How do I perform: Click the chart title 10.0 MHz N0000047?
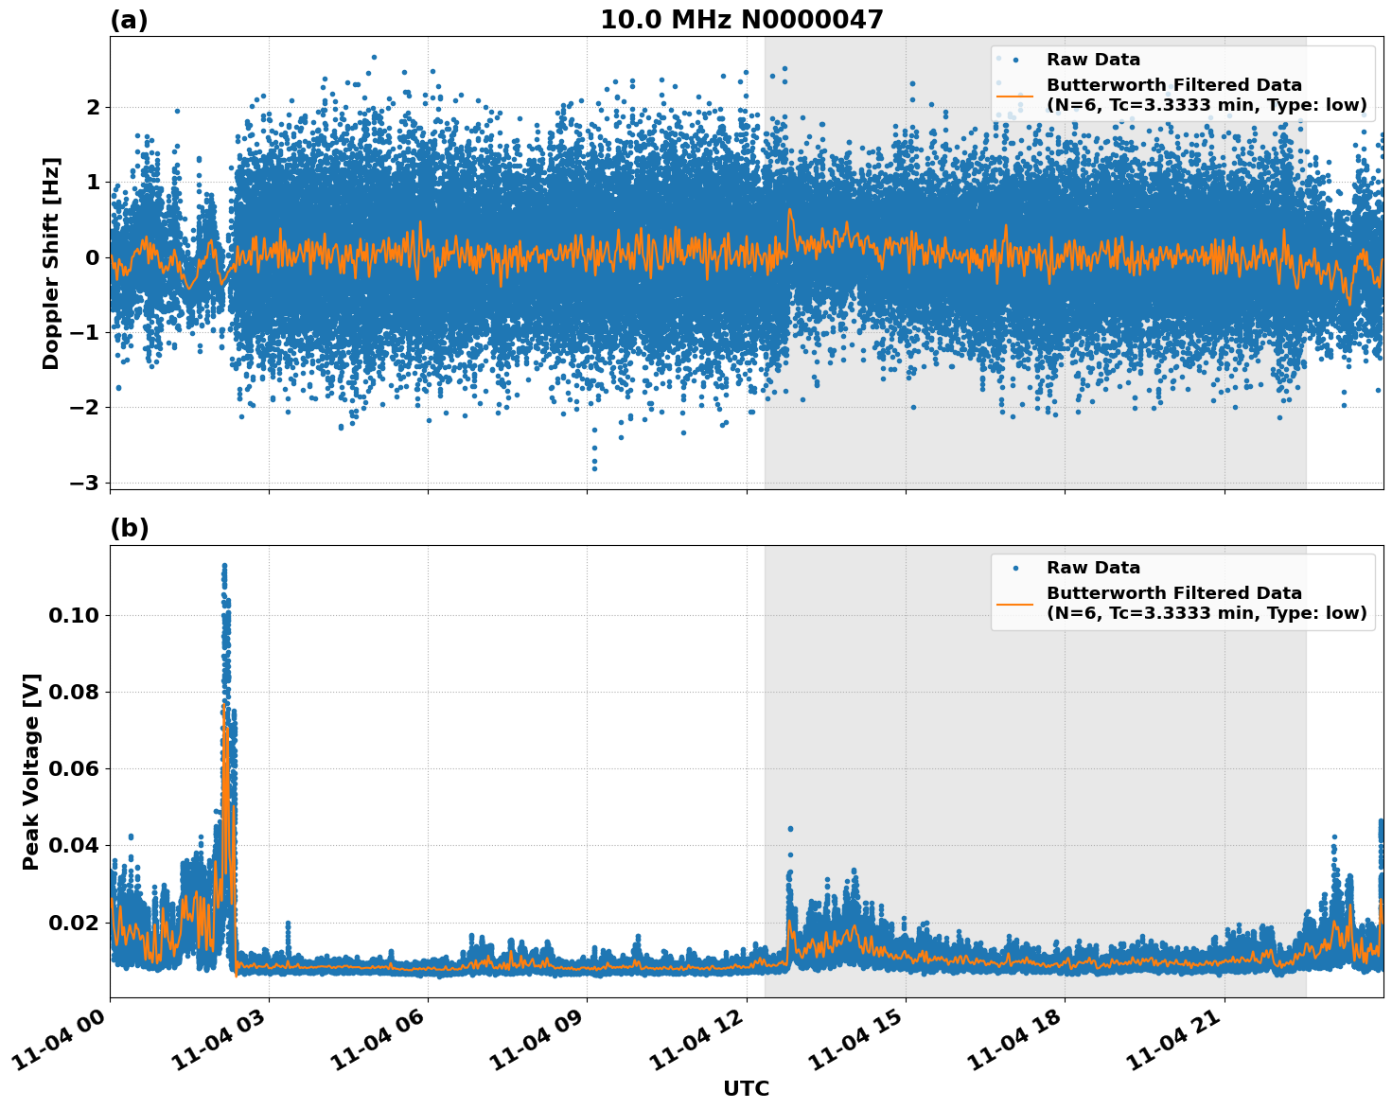(x=741, y=20)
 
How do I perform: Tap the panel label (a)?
(x=129, y=20)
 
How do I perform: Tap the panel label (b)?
(x=129, y=528)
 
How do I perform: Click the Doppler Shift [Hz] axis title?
(x=51, y=263)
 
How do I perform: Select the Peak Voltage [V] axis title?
(x=31, y=771)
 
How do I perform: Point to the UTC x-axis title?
(x=746, y=1088)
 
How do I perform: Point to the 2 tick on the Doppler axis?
(x=92, y=107)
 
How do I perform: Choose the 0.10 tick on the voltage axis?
(x=73, y=616)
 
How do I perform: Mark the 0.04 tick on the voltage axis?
(x=73, y=845)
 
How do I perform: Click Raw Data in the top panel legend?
(x=1093, y=60)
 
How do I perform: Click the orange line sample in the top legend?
(x=1014, y=95)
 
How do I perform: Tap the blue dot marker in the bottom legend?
(x=1014, y=568)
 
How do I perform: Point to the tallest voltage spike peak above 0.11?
(x=224, y=565)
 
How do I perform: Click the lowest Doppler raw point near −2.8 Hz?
(x=594, y=468)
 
